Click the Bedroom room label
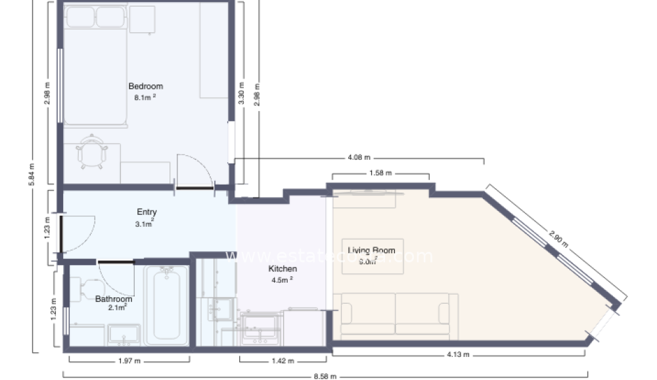(145, 86)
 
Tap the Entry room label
(147, 212)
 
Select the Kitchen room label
(283, 269)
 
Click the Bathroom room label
(114, 299)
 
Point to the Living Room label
(371, 250)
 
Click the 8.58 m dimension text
(325, 376)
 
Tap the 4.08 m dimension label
(359, 158)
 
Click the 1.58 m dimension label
(380, 174)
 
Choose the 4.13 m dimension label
(458, 355)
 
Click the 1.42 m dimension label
(283, 360)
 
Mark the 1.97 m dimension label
(129, 360)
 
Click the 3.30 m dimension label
(242, 93)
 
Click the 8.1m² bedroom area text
(145, 97)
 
